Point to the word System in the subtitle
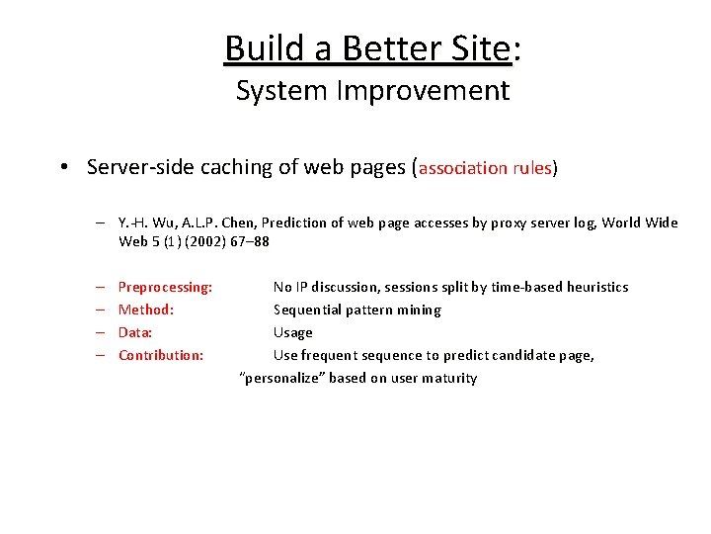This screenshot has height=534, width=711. pyautogui.click(x=282, y=91)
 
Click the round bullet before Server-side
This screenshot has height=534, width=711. pyautogui.click(x=62, y=167)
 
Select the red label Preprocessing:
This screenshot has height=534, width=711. pyautogui.click(x=165, y=287)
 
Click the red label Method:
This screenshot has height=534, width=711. pyautogui.click(x=146, y=310)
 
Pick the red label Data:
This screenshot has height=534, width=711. pyautogui.click(x=135, y=332)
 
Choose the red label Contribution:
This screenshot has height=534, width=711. pyautogui.click(x=161, y=355)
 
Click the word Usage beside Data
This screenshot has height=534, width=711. pyautogui.click(x=292, y=332)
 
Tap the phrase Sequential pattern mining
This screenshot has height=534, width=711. pyautogui.click(x=356, y=310)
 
